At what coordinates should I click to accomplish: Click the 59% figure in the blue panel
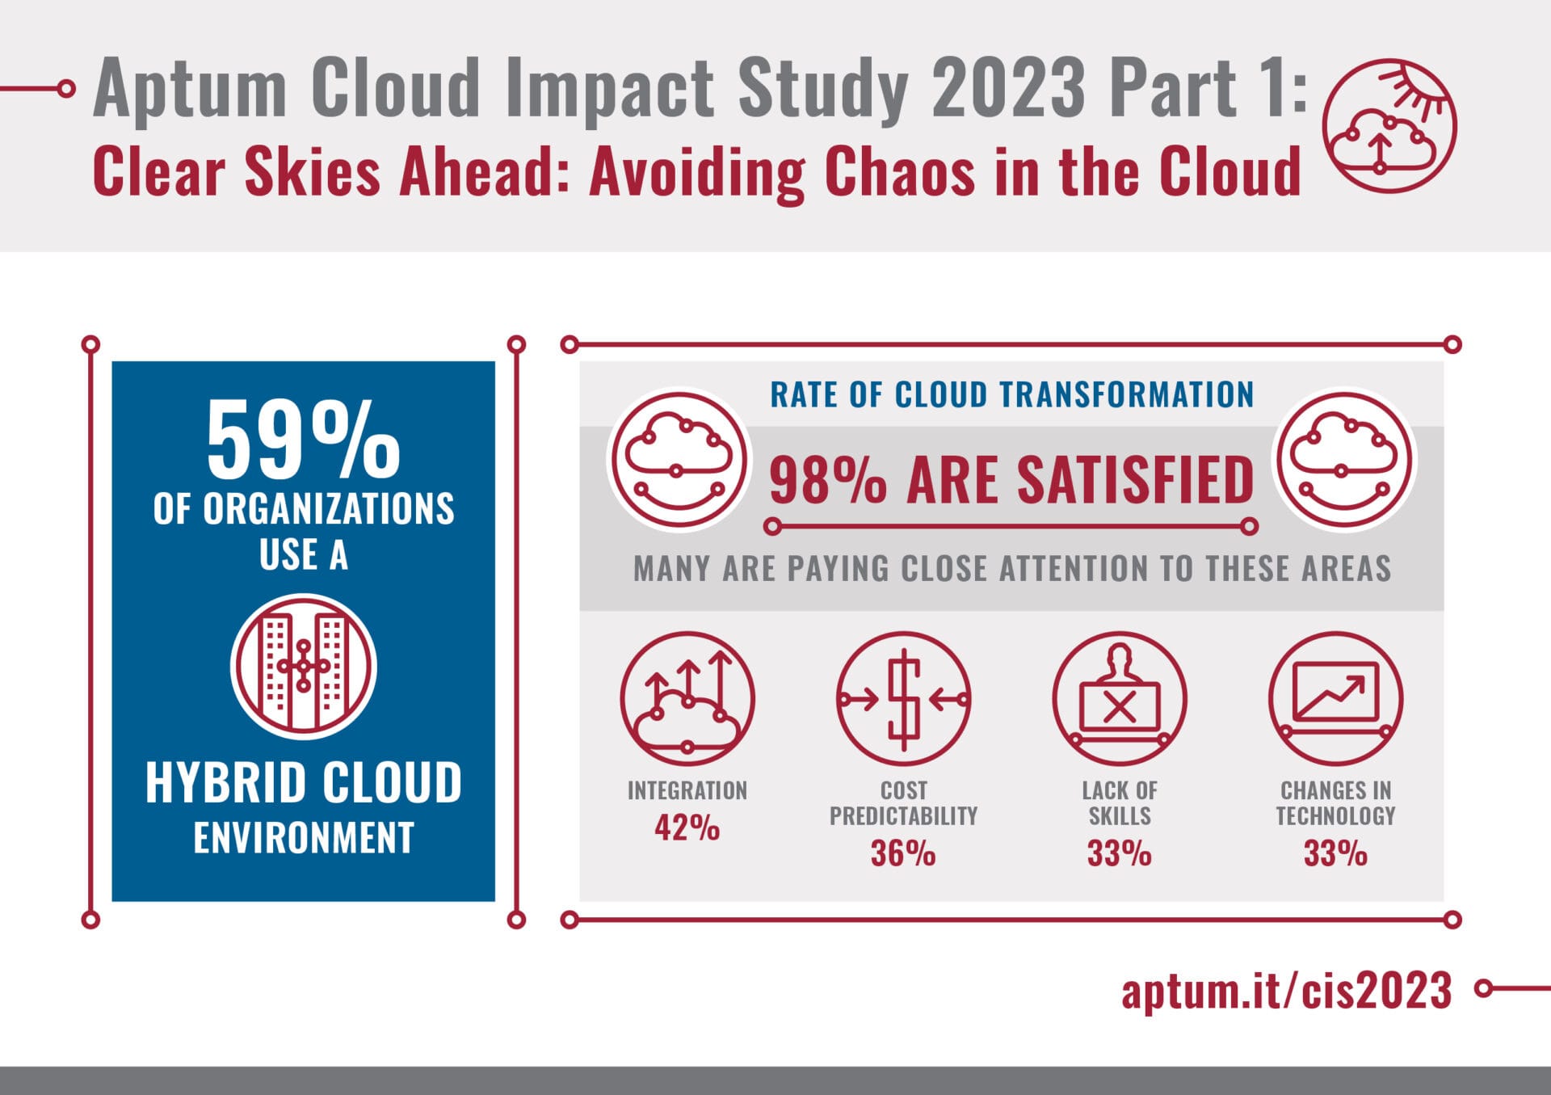[303, 440]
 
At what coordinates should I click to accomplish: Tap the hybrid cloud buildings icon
[303, 667]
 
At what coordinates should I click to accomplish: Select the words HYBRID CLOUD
[303, 782]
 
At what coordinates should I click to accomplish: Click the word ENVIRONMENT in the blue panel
[303, 837]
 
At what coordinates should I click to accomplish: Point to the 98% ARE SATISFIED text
[1011, 480]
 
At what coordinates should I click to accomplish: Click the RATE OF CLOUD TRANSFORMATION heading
[1011, 395]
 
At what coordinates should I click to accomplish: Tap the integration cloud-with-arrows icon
[687, 698]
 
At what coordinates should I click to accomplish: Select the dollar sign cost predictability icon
[903, 698]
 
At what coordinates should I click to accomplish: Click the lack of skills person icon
[1119, 698]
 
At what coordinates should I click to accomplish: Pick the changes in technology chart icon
[1335, 698]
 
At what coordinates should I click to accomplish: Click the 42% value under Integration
[687, 828]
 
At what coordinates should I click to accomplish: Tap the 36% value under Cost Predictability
[903, 853]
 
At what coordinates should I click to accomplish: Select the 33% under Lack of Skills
[1119, 853]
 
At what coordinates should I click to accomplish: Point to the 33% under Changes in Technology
[1335, 853]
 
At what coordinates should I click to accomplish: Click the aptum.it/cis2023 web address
[1286, 990]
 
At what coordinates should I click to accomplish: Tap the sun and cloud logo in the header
[1389, 126]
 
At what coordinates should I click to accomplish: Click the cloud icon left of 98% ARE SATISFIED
[679, 461]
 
